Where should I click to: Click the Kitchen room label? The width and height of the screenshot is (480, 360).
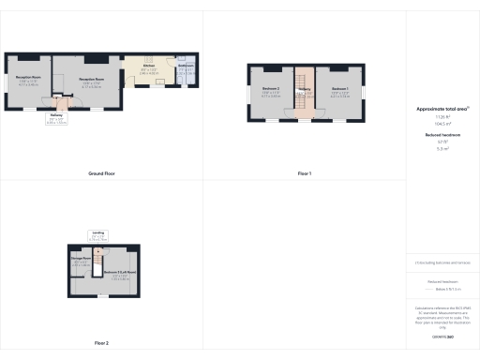(149, 67)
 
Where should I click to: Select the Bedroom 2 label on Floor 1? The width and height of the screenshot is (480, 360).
(272, 93)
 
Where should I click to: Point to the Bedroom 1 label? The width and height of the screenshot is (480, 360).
(339, 93)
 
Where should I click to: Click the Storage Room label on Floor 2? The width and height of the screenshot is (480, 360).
(81, 262)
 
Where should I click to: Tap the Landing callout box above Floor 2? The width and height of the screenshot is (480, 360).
(98, 235)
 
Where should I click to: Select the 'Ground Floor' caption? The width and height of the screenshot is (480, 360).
(101, 173)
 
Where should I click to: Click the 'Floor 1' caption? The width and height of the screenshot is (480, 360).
(305, 173)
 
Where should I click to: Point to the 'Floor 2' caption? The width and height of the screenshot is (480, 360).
(101, 343)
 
